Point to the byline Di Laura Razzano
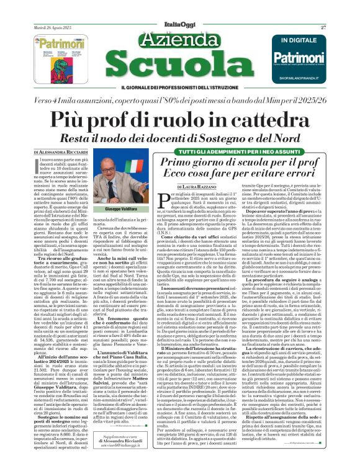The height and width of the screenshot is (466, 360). point(198,186)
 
